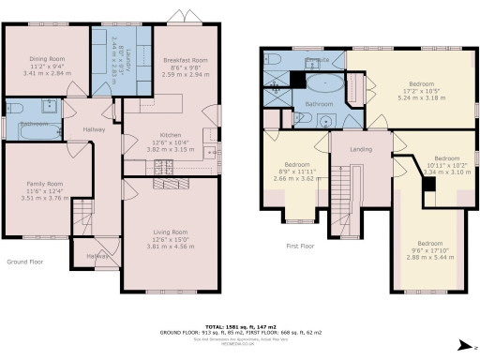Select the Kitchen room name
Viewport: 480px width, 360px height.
point(165,135)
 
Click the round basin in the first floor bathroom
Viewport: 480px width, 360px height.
point(329,120)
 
